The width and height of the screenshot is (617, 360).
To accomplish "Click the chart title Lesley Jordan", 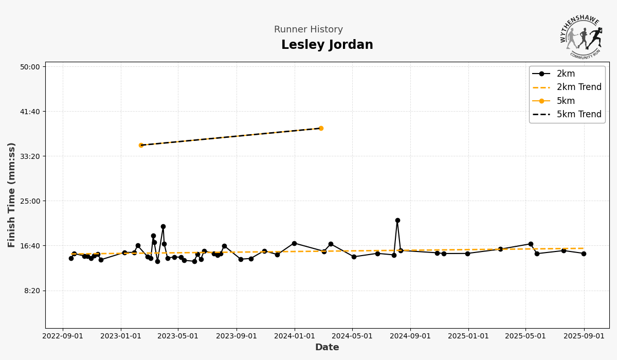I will tap(327, 45).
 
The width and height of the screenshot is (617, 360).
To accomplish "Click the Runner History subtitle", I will tap(308, 30).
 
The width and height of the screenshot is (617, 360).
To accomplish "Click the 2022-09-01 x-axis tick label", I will tap(63, 336).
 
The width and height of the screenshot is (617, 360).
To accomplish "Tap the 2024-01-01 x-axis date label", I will tap(295, 336).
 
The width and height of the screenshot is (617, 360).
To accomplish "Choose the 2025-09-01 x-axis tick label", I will tap(584, 336).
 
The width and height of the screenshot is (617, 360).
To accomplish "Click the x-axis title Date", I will tap(327, 348).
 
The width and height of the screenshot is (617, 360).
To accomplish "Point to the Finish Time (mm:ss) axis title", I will tap(12, 195).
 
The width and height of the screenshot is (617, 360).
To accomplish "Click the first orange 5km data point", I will tap(141, 145).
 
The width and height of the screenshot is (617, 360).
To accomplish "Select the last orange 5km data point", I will tap(321, 128).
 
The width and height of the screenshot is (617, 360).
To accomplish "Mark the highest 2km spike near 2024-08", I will tap(397, 220).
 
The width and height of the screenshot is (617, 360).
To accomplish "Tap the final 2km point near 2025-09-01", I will tap(584, 254).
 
